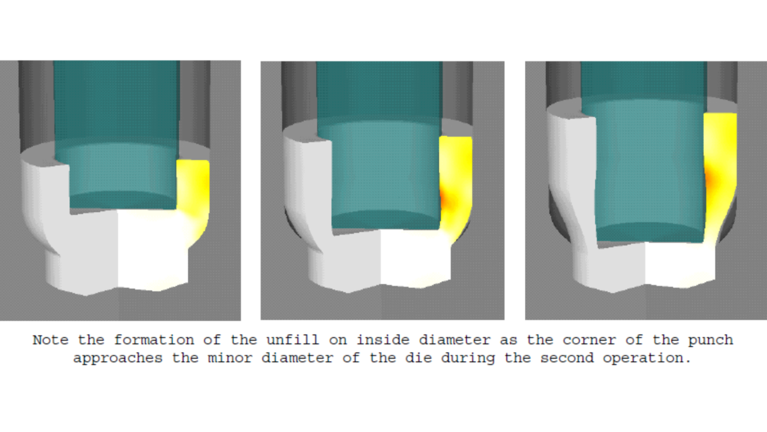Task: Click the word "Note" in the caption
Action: (50, 340)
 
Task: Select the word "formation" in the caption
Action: (154, 340)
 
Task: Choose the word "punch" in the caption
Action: (711, 340)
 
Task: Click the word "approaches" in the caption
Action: (118, 358)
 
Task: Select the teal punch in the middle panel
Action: (380, 150)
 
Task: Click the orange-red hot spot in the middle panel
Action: (446, 200)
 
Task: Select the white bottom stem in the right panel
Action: (644, 265)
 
